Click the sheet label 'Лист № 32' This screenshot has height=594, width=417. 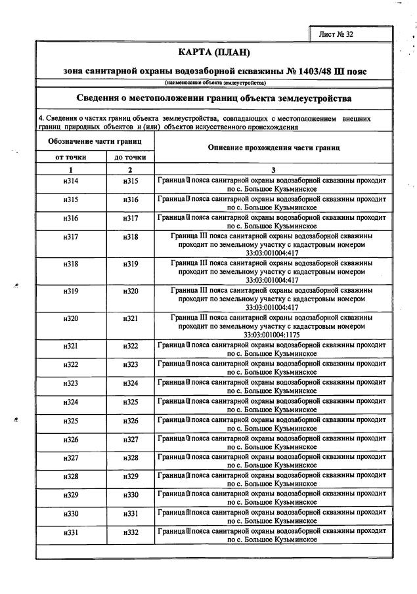(336, 34)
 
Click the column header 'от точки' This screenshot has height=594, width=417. (71, 158)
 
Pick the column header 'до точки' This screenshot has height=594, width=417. (130, 158)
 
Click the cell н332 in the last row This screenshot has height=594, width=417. (130, 532)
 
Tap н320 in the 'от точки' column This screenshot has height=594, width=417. (71, 318)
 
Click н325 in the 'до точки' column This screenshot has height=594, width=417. (130, 402)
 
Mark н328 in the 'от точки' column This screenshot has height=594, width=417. (71, 476)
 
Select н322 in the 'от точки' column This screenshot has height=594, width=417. (71, 364)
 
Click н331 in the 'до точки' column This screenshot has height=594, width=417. (130, 513)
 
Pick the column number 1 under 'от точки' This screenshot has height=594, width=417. (71, 169)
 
